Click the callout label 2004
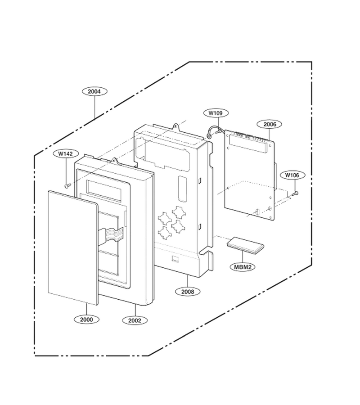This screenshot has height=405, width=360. [x=94, y=91]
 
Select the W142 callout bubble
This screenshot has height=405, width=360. [x=65, y=154]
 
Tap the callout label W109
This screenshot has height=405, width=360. [x=216, y=113]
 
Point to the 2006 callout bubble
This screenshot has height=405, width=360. [x=270, y=124]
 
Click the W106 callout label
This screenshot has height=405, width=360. [x=292, y=175]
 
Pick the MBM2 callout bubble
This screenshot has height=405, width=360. [x=243, y=267]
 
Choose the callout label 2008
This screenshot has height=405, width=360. [x=187, y=292]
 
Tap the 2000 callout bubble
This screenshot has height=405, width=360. [x=86, y=319]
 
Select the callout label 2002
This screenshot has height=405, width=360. [x=135, y=320]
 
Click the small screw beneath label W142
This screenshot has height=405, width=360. [x=67, y=185]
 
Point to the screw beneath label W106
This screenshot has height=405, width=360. [x=296, y=193]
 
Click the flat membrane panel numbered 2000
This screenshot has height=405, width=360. [x=73, y=247]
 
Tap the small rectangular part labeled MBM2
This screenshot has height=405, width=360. [x=246, y=245]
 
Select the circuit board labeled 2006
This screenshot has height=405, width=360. [x=249, y=175]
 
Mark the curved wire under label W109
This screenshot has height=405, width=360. [x=214, y=131]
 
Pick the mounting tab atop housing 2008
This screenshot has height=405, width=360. [x=176, y=126]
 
